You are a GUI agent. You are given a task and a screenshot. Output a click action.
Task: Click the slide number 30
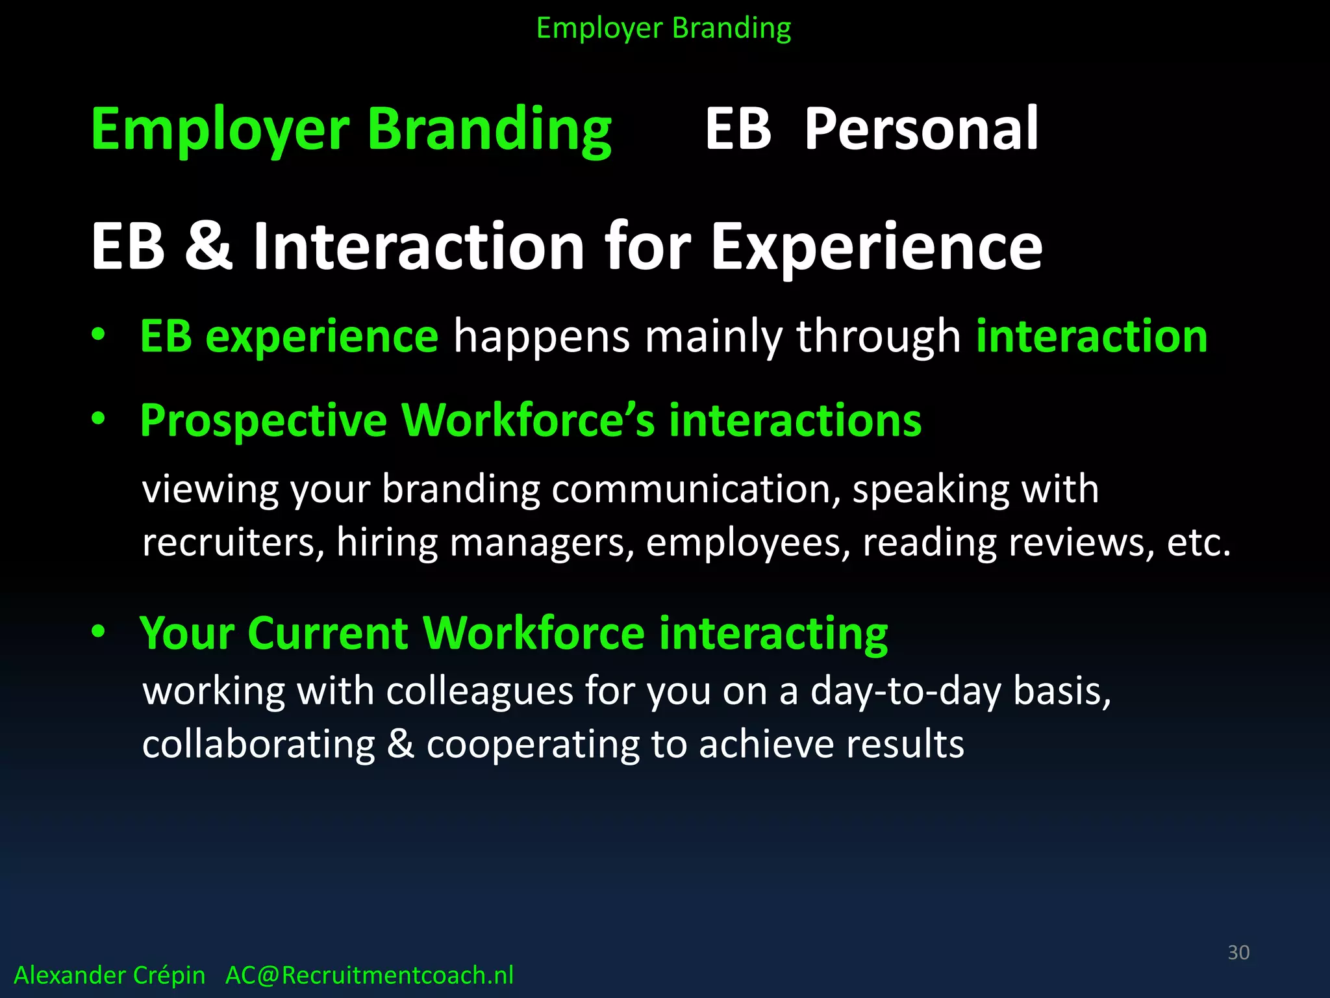(x=1238, y=952)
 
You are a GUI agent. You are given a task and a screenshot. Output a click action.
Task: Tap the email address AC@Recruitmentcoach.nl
(x=369, y=975)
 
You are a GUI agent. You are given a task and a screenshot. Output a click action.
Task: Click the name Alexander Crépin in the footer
(x=109, y=975)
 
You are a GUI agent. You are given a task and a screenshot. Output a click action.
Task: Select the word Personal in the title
(x=921, y=129)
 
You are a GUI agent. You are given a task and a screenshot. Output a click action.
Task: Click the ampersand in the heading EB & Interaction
(x=208, y=246)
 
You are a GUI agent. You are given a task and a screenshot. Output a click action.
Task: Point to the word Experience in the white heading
(x=876, y=246)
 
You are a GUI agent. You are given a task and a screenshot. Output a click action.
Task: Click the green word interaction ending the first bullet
(x=1091, y=336)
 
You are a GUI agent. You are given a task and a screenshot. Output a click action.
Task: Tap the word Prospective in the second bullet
(x=263, y=420)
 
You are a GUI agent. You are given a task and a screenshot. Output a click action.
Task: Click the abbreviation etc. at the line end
(x=1198, y=542)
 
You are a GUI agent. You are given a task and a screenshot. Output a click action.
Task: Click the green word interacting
(x=773, y=633)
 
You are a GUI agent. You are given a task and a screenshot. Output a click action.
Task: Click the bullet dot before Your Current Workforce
(x=98, y=631)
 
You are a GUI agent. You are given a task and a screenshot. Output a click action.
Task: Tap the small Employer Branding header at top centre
(x=664, y=29)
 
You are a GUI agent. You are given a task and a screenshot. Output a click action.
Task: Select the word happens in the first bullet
(x=541, y=337)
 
